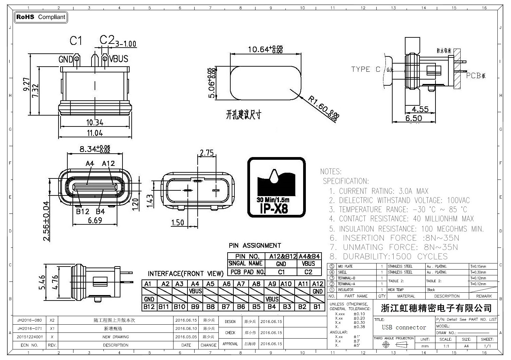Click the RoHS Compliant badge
coord(41,17)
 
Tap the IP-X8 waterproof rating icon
coord(276,187)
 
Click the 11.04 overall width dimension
coord(95,133)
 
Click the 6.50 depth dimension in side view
coord(413,118)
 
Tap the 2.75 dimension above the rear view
coord(207,153)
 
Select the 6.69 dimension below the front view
coord(95,220)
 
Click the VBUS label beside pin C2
coord(118,59)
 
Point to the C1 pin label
coord(76,41)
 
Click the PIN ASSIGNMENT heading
coord(255,245)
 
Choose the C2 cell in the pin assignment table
coord(309,272)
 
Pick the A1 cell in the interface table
coord(148,284)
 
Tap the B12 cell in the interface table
coord(149,307)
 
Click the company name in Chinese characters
coord(436,308)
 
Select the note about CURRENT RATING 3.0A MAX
coord(379,191)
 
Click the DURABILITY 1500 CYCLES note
coord(389,257)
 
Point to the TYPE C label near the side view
coord(366,69)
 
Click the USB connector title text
coord(404,327)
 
